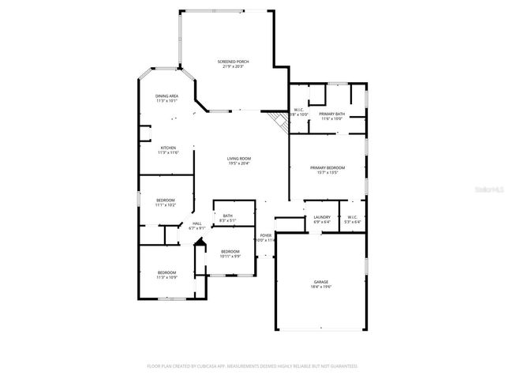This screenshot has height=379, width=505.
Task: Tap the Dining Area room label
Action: pyautogui.click(x=166, y=96)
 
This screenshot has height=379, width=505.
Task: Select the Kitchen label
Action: pyautogui.click(x=168, y=148)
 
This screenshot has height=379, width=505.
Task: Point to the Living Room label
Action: pyautogui.click(x=239, y=159)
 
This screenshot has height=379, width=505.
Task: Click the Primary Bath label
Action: pyautogui.click(x=331, y=114)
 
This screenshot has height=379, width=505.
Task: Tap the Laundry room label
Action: pyautogui.click(x=321, y=217)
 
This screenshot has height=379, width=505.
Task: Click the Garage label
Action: pyautogui.click(x=320, y=282)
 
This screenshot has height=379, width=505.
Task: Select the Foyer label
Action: pyautogui.click(x=266, y=235)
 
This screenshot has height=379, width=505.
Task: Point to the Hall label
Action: pyautogui.click(x=197, y=223)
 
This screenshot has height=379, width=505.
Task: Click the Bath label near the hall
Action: pyautogui.click(x=227, y=216)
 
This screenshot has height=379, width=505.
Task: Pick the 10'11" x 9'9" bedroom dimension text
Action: pyautogui.click(x=230, y=256)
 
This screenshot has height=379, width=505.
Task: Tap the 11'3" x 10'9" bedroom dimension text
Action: pyautogui.click(x=166, y=277)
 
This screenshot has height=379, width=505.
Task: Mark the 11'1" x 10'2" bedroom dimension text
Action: pyautogui.click(x=166, y=205)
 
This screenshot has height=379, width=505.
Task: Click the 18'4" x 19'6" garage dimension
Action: pyautogui.click(x=320, y=287)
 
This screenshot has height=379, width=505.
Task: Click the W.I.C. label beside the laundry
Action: pyautogui.click(x=352, y=217)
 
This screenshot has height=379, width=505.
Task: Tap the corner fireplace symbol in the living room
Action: pyautogui.click(x=277, y=119)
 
